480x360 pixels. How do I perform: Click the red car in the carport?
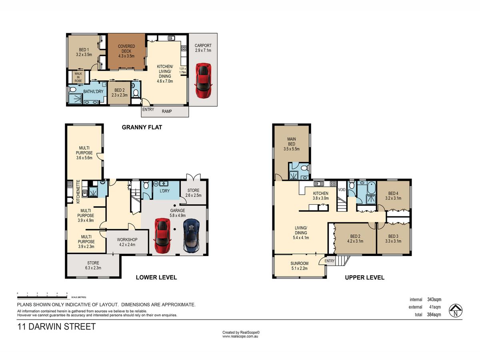(203, 80)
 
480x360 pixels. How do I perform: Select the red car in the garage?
(163, 236)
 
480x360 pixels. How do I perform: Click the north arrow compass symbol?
(456, 311)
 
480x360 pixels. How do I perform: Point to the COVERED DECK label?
(126, 51)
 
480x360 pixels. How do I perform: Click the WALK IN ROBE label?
(78, 77)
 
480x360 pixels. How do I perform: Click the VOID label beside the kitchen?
(342, 190)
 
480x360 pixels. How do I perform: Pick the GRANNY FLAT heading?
(142, 127)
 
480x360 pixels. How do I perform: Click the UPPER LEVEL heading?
(364, 278)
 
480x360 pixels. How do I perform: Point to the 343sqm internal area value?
(434, 300)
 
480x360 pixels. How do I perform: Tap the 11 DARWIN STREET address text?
(56, 326)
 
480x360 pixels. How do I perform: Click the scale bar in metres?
(42, 297)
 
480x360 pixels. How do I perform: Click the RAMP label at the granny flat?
(167, 111)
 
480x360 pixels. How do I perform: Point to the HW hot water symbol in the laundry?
(156, 184)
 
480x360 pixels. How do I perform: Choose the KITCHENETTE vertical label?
(78, 192)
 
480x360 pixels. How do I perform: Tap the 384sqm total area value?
(434, 314)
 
